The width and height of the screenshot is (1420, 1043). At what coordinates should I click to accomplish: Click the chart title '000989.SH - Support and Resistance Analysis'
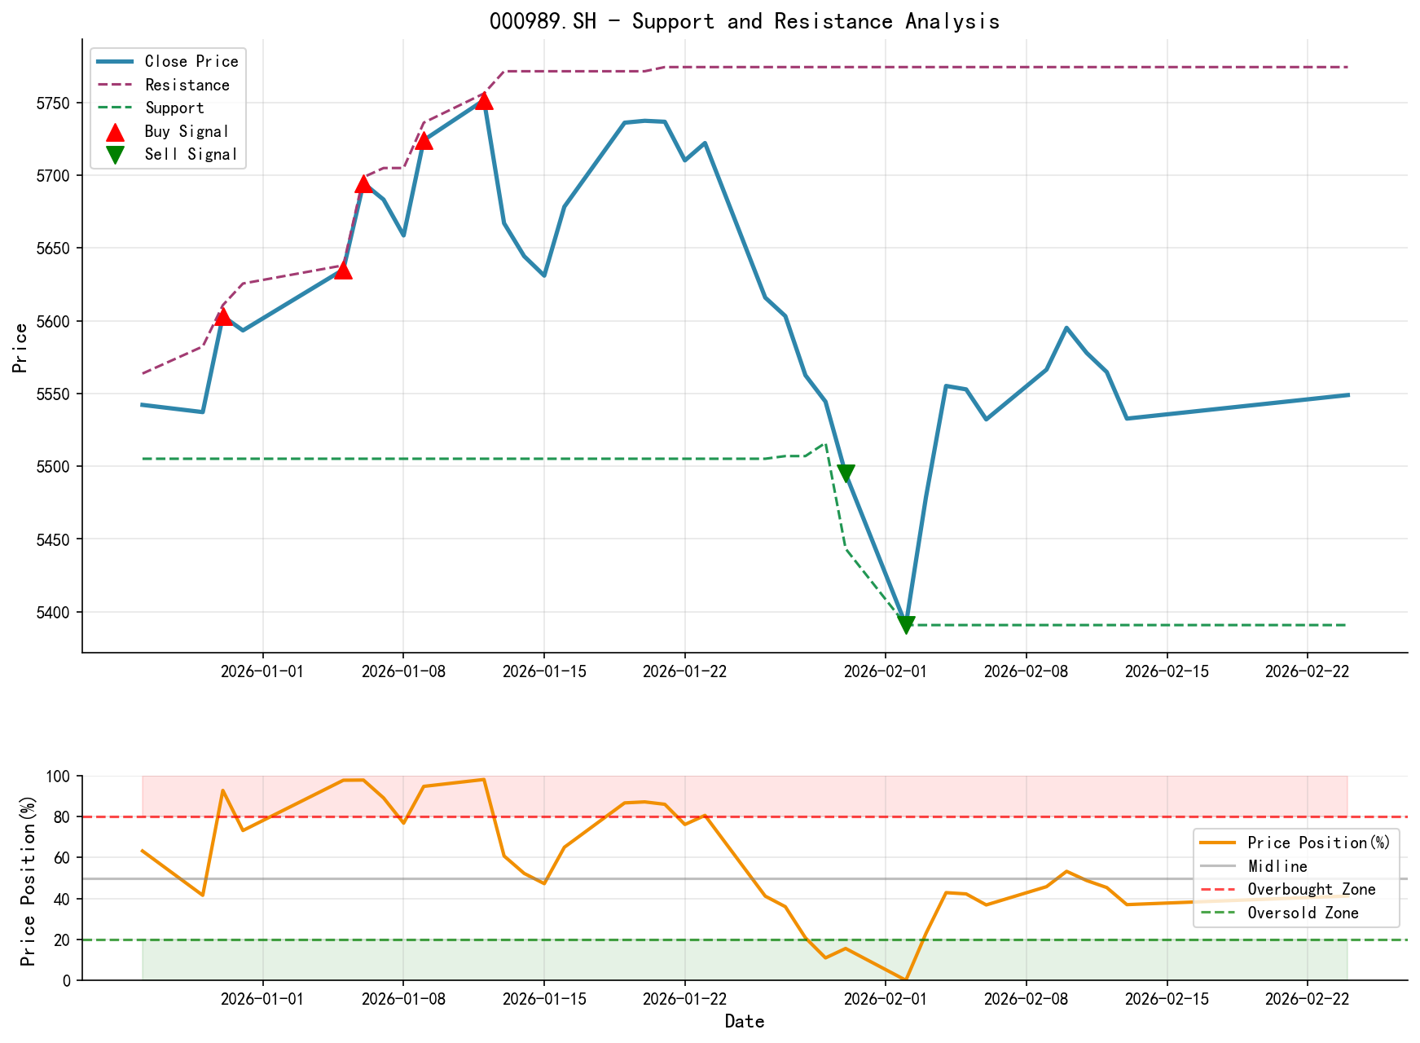click(744, 21)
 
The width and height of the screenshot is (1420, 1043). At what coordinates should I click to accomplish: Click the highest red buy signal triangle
click(484, 100)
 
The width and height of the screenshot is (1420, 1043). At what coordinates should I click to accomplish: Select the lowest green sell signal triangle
click(906, 624)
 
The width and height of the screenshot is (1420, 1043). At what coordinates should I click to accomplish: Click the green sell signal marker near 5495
click(846, 473)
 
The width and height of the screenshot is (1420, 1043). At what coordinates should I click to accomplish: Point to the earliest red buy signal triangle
click(223, 316)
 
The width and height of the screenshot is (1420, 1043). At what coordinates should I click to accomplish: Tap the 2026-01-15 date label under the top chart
click(543, 671)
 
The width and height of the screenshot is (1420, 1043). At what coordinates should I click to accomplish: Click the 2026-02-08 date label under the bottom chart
click(1025, 998)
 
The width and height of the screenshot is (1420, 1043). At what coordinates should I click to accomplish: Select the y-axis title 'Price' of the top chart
click(21, 347)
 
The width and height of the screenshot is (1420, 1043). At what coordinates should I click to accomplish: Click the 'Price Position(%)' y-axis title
click(29, 878)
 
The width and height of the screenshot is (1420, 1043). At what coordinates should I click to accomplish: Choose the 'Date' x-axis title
click(744, 1022)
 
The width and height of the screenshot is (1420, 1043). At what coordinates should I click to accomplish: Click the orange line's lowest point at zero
click(906, 979)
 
